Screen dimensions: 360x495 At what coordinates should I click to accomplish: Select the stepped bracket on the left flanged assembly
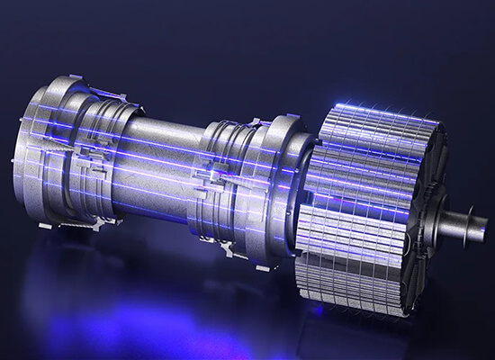point(90,153)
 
